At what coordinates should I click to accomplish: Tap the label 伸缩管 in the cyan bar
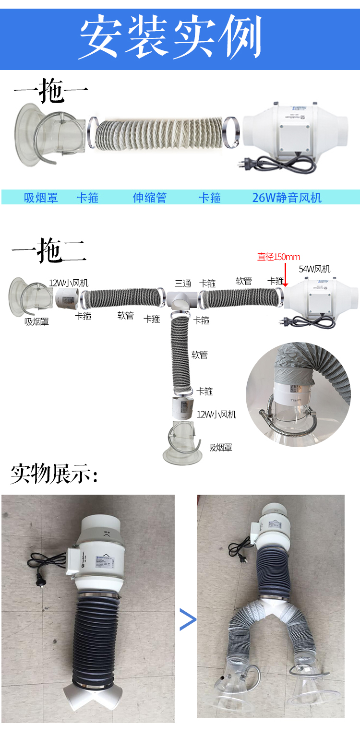pyautogui.click(x=150, y=198)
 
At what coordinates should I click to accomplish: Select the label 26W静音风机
pyautogui.click(x=287, y=198)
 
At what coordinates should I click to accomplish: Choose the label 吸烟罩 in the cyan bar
pyautogui.click(x=41, y=198)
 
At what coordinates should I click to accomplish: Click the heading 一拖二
pyautogui.click(x=49, y=250)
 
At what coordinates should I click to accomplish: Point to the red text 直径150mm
pyautogui.click(x=278, y=257)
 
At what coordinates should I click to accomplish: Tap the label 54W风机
pyautogui.click(x=314, y=269)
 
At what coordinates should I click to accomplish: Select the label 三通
pyautogui.click(x=183, y=283)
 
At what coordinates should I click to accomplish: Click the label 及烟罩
pyautogui.click(x=221, y=448)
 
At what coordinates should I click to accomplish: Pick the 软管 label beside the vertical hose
pyautogui.click(x=199, y=355)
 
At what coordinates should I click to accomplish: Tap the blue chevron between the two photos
pyautogui.click(x=188, y=619)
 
